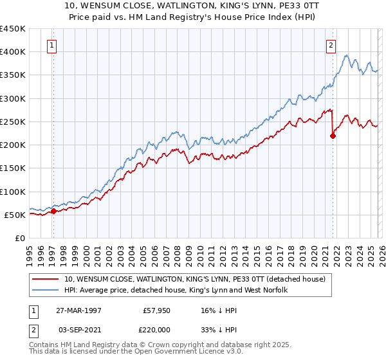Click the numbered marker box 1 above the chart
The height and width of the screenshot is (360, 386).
[51, 46]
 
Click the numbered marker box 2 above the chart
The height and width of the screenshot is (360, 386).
[331, 46]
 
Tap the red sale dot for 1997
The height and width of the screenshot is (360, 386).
[53, 211]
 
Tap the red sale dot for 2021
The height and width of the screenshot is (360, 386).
[333, 136]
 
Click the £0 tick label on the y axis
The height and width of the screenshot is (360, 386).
[19, 238]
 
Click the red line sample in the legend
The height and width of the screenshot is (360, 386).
[46, 280]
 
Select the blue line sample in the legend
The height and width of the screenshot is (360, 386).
[46, 291]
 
